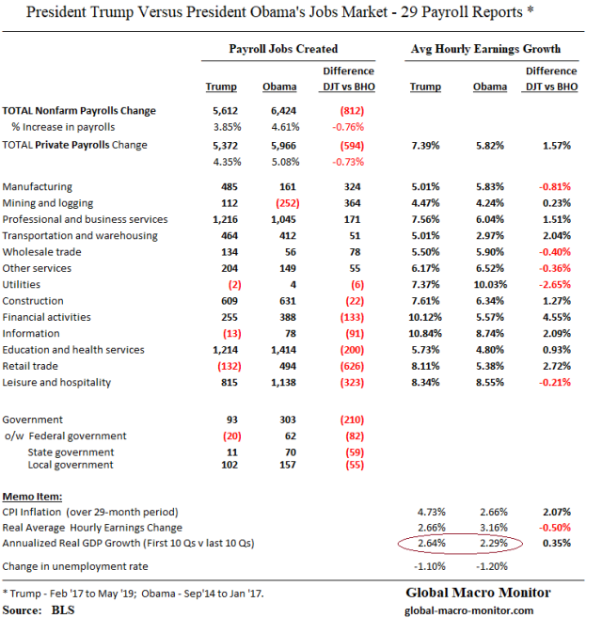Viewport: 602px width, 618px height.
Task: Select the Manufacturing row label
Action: (x=38, y=187)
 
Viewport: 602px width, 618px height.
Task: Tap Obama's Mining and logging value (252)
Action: (x=286, y=203)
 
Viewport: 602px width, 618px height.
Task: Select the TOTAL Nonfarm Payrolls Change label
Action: (x=80, y=111)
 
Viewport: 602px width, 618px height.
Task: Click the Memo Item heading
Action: (x=34, y=495)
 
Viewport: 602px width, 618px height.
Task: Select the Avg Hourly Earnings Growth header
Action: (x=486, y=47)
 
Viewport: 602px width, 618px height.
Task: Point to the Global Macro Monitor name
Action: (x=479, y=594)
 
